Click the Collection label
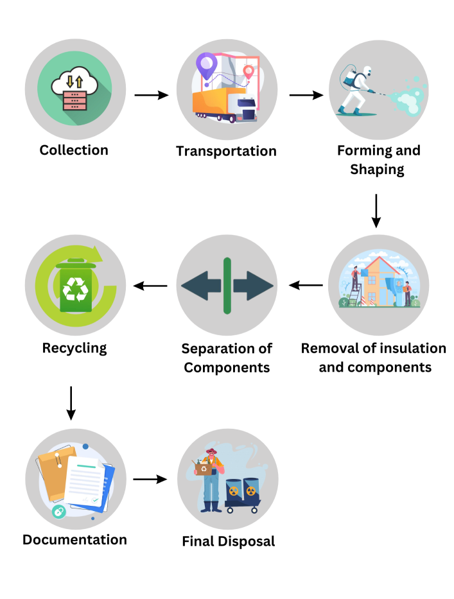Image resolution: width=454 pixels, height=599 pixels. pyautogui.click(x=74, y=150)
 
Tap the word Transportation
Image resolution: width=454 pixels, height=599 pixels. pyautogui.click(x=226, y=152)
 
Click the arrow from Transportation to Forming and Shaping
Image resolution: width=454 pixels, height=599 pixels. pyautogui.click(x=306, y=95)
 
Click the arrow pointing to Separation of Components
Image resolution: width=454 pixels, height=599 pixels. pyautogui.click(x=306, y=285)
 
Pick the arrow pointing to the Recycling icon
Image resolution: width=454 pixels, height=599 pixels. pyautogui.click(x=151, y=285)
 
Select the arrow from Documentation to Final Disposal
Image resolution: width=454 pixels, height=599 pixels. pyautogui.click(x=151, y=479)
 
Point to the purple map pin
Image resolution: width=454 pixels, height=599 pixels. pyautogui.click(x=206, y=65)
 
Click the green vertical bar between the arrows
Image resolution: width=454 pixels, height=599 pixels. pyautogui.click(x=227, y=286)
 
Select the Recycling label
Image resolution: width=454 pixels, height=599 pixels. pyautogui.click(x=74, y=349)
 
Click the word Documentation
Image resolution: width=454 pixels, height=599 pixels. pyautogui.click(x=74, y=539)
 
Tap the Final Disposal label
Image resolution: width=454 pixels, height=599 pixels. pyautogui.click(x=229, y=541)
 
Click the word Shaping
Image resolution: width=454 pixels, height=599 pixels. pyautogui.click(x=377, y=169)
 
